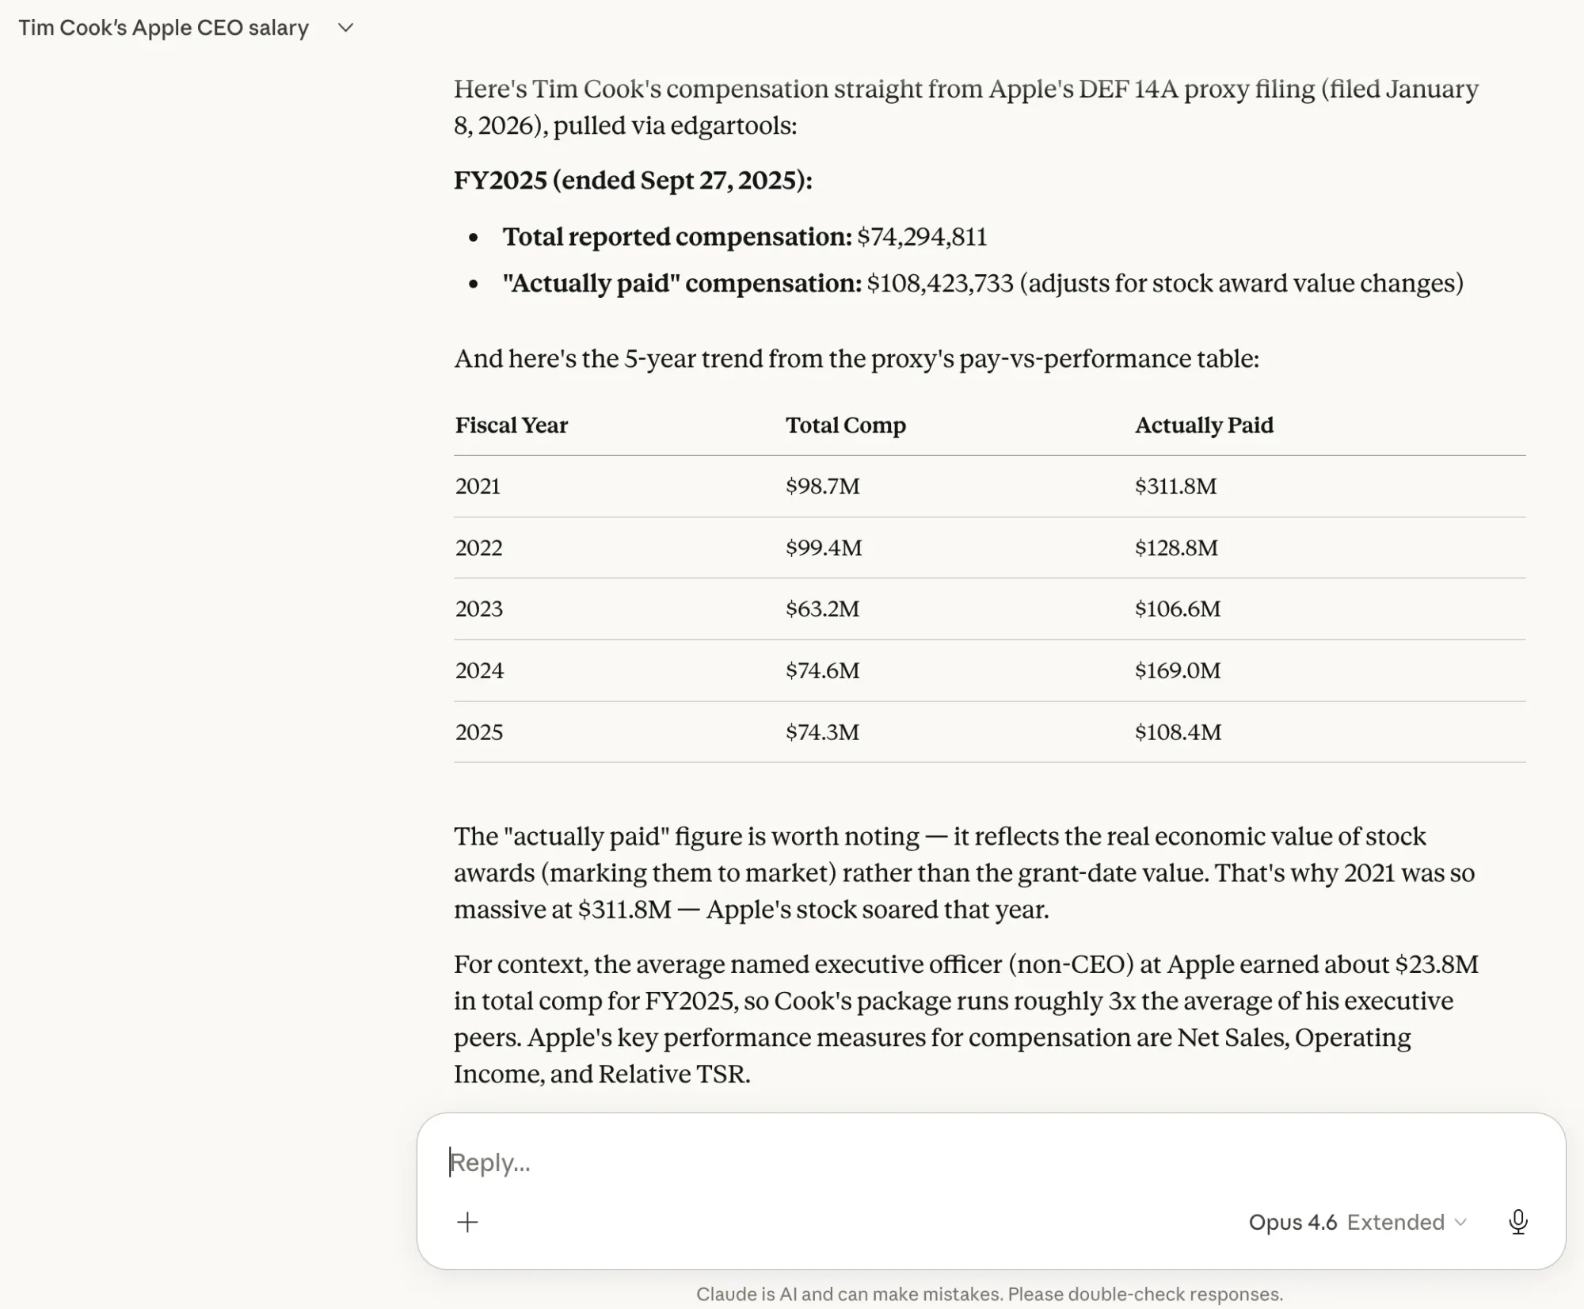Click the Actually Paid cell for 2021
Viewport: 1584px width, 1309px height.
[x=1175, y=486]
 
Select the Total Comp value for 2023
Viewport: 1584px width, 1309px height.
[x=822, y=609]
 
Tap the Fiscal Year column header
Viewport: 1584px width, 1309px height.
[x=511, y=426]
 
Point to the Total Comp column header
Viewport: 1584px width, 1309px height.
[x=845, y=426]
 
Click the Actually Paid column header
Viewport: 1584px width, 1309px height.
[x=1204, y=426]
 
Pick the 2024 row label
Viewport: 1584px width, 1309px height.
[x=479, y=670]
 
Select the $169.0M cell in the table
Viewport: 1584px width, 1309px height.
[x=1178, y=670]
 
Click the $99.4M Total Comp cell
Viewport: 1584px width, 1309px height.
[x=824, y=548]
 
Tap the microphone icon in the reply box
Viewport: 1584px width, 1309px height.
[x=1517, y=1222]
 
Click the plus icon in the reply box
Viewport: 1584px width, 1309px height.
[x=467, y=1222]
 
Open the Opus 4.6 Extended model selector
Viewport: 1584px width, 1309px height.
[x=1357, y=1222]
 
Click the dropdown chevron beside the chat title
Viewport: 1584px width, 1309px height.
[x=345, y=28]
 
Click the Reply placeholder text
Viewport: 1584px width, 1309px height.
[x=489, y=1162]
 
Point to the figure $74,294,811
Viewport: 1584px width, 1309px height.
[x=922, y=237]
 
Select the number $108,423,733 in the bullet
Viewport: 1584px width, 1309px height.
[x=939, y=283]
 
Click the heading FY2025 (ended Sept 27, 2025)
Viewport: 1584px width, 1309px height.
[x=633, y=180]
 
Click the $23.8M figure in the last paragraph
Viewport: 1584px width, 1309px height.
[x=1436, y=964]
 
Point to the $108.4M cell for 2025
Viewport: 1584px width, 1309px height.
[x=1178, y=731]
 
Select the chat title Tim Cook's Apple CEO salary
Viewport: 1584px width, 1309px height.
[x=163, y=28]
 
